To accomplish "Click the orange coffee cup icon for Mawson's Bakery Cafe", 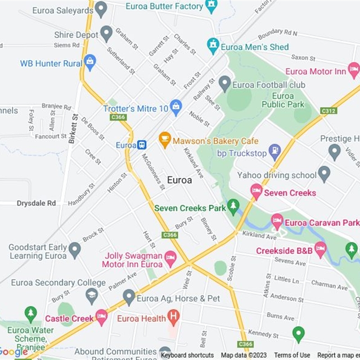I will pyautogui.click(x=165, y=139).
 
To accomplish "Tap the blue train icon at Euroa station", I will pyautogui.click(x=142, y=145).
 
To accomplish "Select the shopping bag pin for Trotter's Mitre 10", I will pyautogui.click(x=176, y=107).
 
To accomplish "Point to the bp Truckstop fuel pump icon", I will pyautogui.click(x=274, y=152).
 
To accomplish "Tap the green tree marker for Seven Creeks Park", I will pyautogui.click(x=233, y=207).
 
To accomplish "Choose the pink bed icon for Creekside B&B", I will pyautogui.click(x=320, y=249).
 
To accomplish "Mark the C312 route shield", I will pyautogui.click(x=328, y=110).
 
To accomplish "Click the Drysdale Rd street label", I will pyautogui.click(x=36, y=203).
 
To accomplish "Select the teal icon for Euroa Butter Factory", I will pyautogui.click(x=211, y=6).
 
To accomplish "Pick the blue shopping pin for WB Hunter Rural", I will pyautogui.click(x=90, y=62).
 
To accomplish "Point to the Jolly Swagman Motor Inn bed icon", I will pyautogui.click(x=170, y=258).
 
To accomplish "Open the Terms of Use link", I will pyautogui.click(x=292, y=355).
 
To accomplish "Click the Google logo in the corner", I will pyautogui.click(x=13, y=352).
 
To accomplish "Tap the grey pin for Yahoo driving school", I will pyautogui.click(x=324, y=174).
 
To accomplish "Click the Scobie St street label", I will pyautogui.click(x=232, y=269).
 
